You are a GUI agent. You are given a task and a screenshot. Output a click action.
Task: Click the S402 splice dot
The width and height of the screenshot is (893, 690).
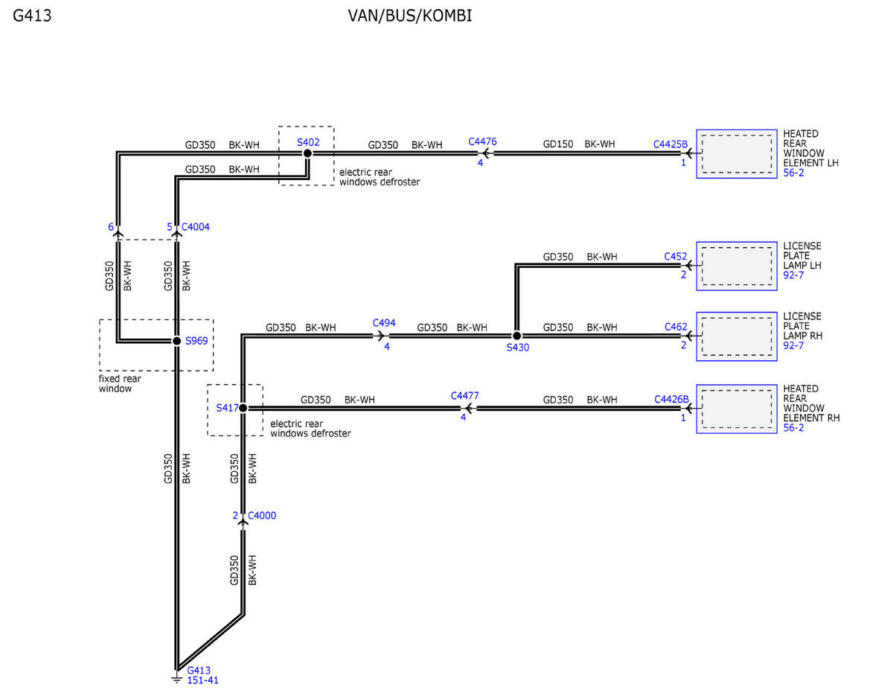click(307, 153)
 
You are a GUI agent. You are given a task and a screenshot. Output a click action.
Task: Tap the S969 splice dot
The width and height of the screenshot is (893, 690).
click(176, 341)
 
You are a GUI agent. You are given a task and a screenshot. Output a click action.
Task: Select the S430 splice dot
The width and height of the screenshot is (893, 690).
click(516, 336)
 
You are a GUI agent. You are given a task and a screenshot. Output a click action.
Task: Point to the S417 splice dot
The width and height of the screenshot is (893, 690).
click(243, 408)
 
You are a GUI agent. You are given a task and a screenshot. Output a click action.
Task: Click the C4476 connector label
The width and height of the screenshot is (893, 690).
click(482, 141)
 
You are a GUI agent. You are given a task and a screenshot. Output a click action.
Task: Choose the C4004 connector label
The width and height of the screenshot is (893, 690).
click(195, 227)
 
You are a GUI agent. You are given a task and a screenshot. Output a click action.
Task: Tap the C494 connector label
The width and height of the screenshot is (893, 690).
click(384, 323)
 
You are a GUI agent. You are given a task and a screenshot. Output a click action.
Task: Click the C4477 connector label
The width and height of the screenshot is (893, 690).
click(465, 396)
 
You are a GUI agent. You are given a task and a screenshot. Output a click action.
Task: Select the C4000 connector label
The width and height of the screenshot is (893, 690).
click(262, 516)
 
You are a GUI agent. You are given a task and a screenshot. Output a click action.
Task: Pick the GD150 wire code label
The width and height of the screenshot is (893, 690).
click(557, 144)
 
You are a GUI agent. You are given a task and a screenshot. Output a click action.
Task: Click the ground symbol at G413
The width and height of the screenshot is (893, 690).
click(176, 679)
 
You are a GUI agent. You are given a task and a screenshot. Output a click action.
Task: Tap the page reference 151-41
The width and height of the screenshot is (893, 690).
click(202, 680)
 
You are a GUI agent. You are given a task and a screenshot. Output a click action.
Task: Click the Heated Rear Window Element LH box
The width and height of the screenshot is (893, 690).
click(737, 154)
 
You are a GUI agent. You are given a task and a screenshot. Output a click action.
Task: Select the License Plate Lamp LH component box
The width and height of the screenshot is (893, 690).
click(737, 266)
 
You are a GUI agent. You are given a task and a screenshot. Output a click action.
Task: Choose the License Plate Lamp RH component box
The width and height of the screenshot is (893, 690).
click(737, 336)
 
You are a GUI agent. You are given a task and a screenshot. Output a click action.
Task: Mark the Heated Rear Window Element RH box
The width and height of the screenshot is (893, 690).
click(737, 409)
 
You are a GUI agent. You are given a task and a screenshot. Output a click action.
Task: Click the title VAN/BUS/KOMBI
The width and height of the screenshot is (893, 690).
click(410, 16)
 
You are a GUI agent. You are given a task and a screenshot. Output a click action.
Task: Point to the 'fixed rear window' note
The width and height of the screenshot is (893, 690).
click(120, 383)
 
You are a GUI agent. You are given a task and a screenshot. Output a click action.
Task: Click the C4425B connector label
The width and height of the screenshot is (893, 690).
click(670, 144)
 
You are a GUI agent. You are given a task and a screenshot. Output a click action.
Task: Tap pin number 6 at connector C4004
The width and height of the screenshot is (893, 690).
click(111, 227)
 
